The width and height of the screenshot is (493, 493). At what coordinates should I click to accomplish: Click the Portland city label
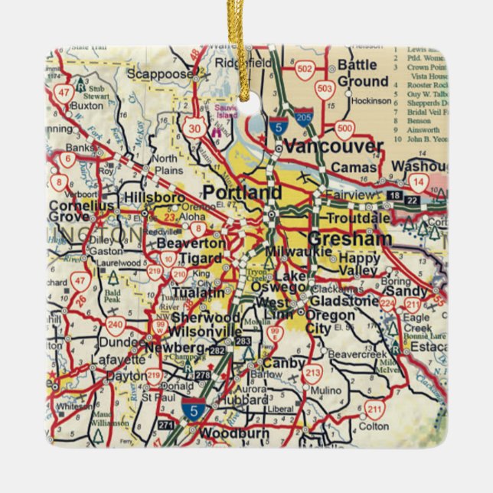click(x=242, y=192)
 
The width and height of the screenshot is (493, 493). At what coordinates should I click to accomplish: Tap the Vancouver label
click(x=333, y=145)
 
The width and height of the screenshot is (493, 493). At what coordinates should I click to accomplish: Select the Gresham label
click(x=350, y=238)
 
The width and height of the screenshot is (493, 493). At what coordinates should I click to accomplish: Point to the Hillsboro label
click(x=155, y=198)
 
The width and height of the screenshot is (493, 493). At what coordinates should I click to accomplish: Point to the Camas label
click(x=356, y=167)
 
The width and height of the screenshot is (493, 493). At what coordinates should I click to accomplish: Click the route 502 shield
click(x=305, y=68)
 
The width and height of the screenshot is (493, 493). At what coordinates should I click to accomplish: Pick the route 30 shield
click(x=196, y=128)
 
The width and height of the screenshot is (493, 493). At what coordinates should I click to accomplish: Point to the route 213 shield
click(x=312, y=373)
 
